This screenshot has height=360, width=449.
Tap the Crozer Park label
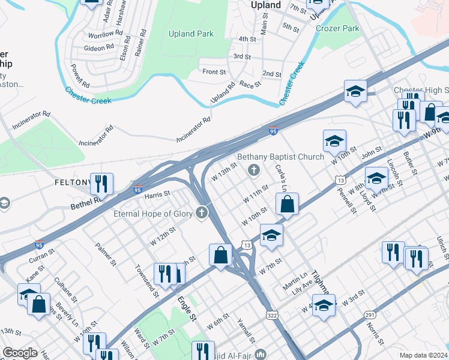[337, 28]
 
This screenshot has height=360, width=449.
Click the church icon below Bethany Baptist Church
[254, 171]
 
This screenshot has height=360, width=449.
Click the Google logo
[20, 353]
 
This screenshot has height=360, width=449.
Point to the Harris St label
[157, 194]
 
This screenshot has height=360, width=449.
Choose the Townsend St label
[146, 281]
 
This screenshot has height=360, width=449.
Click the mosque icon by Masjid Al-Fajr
[261, 354]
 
